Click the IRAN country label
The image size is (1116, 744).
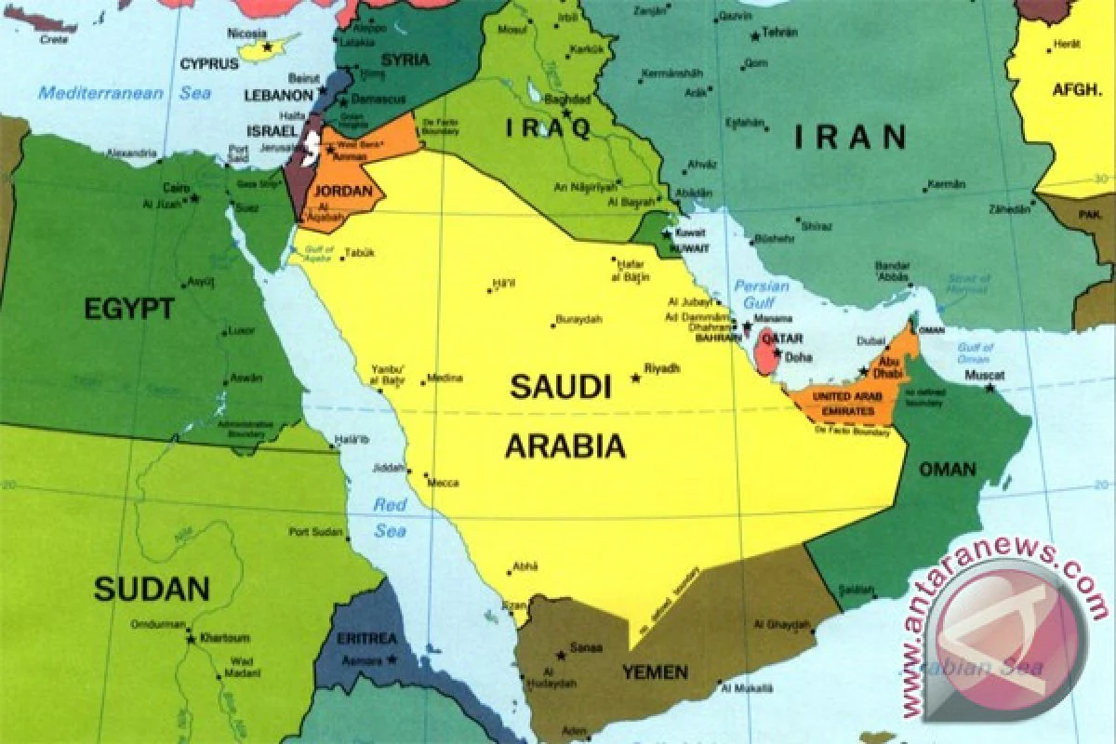tap(850, 138)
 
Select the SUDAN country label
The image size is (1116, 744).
tap(152, 588)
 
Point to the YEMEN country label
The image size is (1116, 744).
tap(655, 671)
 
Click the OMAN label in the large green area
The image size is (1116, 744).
tap(948, 470)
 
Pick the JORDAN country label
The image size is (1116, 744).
tap(350, 193)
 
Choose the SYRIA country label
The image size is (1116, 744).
tap(405, 60)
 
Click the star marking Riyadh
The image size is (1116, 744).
tap(636, 378)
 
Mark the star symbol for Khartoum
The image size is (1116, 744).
tap(192, 639)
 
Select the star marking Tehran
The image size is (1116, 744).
tap(755, 37)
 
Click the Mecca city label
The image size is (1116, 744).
tap(442, 483)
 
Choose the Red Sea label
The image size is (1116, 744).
tap(391, 518)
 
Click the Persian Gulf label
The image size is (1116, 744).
tap(761, 295)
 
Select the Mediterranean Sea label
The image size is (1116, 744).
tap(125, 92)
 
